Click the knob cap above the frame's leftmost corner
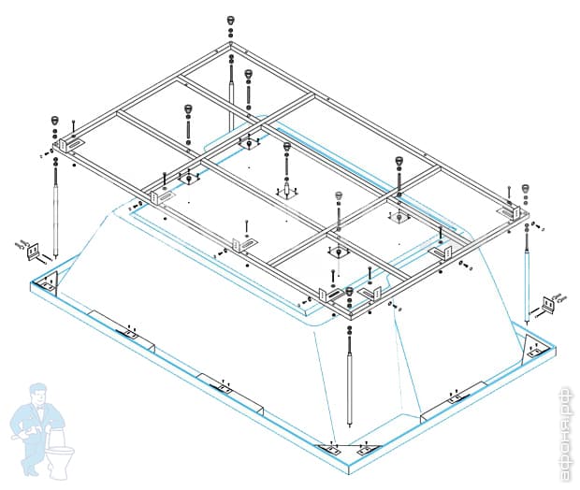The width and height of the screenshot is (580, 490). (x=54, y=121)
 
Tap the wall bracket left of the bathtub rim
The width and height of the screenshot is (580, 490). (x=34, y=250)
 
